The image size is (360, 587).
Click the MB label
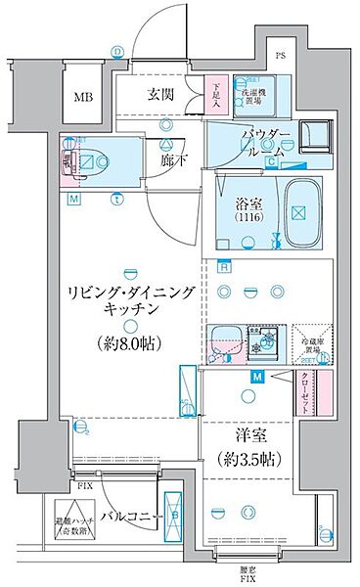coord(82,97)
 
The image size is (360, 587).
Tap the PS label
coord(280,55)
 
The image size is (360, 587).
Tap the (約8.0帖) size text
coord(128,343)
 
